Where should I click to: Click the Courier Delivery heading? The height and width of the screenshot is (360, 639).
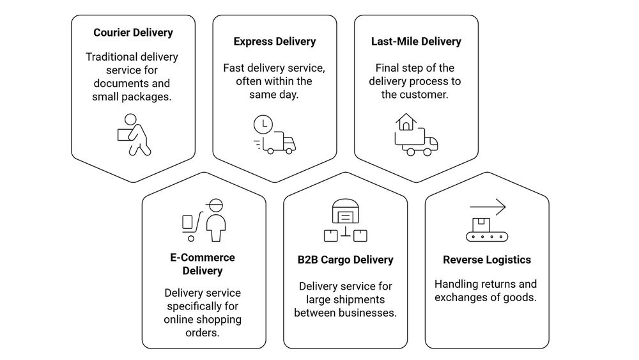[x=133, y=33]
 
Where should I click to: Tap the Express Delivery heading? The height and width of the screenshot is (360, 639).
[x=275, y=42]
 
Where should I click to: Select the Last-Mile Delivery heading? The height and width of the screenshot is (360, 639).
[x=416, y=42]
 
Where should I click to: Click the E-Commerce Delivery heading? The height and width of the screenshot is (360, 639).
[x=203, y=264]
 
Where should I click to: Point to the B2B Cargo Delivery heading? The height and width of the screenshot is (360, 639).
[x=345, y=260]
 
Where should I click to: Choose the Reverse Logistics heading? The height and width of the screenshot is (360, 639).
[x=487, y=260]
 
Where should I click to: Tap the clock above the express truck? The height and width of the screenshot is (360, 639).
[x=263, y=124]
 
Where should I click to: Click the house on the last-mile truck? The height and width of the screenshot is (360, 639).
[x=405, y=121]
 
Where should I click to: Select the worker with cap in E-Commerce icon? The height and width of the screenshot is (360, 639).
[x=216, y=220]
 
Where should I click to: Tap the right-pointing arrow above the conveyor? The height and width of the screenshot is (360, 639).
[x=488, y=207]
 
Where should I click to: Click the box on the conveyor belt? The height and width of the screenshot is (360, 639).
[x=481, y=224]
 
